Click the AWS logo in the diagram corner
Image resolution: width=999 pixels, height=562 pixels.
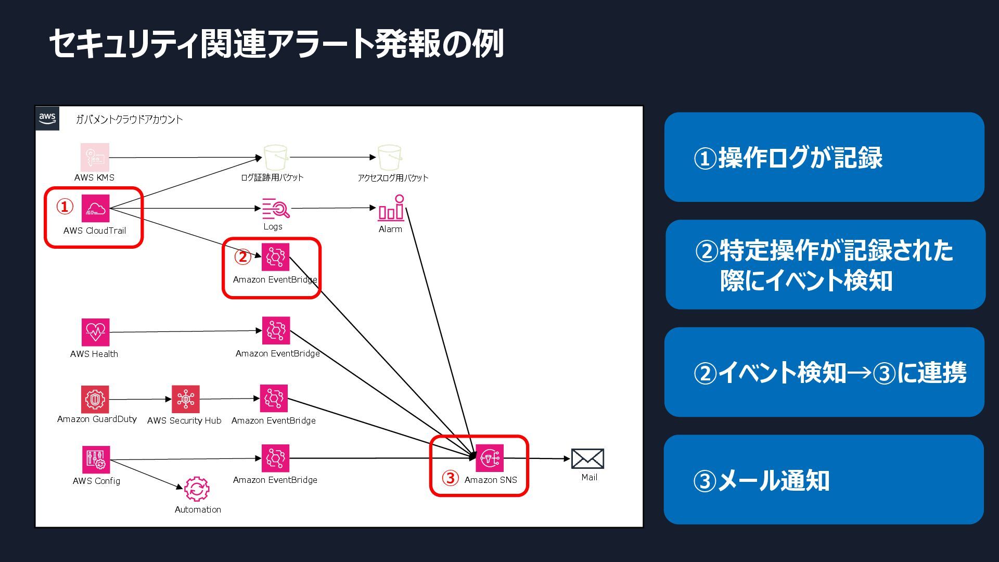47,118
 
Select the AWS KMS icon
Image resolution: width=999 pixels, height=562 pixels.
95,157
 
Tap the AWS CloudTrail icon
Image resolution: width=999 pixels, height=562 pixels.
95,208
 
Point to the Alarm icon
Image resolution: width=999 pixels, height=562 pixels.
391,208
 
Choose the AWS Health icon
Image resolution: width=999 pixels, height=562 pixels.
95,332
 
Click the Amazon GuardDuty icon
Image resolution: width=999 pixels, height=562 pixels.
95,399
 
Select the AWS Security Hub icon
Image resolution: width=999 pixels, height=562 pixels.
185,399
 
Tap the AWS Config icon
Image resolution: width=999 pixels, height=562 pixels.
95,459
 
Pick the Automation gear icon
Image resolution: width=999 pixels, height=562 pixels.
197,489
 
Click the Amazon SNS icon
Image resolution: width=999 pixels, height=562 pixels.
490,458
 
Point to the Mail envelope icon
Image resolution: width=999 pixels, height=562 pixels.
587,458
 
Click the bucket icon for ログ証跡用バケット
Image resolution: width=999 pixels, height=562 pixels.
275,157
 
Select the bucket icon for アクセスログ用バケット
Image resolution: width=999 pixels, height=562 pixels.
389,157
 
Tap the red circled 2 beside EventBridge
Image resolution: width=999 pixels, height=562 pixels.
242,257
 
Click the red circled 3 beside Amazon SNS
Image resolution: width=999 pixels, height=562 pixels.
450,478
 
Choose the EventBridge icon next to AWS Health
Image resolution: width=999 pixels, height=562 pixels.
276,331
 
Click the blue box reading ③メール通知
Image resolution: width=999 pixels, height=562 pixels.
824,480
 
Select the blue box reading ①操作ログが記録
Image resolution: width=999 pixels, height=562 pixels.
824,157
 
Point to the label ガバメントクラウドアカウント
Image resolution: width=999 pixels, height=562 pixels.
129,120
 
